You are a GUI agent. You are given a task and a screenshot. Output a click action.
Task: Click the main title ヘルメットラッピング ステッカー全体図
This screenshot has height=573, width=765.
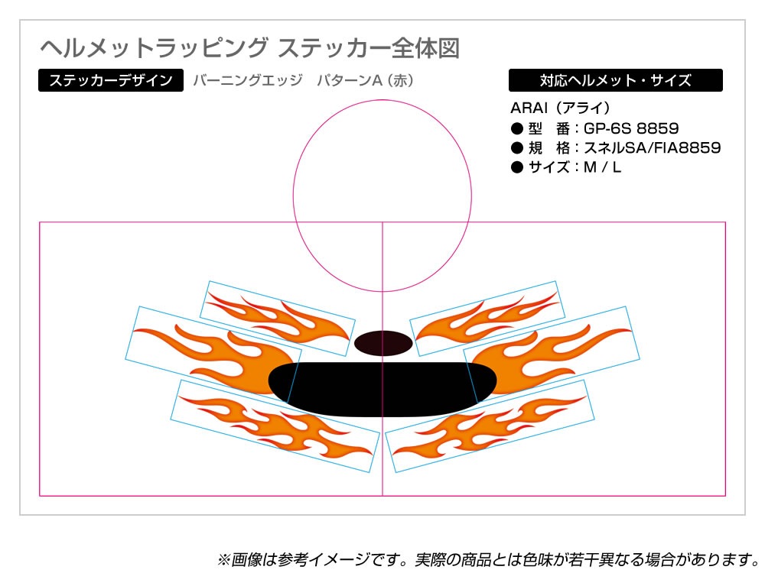point(250,47)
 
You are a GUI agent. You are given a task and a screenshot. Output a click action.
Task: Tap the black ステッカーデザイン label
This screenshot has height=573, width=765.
point(111,80)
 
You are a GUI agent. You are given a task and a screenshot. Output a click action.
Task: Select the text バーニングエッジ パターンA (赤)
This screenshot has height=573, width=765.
point(304,80)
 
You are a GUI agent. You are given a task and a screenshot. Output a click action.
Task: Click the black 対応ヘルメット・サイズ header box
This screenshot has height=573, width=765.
point(615,80)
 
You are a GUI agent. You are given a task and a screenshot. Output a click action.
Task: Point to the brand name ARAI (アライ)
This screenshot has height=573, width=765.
point(560,108)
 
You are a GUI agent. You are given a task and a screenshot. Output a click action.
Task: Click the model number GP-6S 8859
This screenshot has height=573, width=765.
point(631,128)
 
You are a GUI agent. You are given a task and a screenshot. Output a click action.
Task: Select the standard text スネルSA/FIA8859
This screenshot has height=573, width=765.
point(653,147)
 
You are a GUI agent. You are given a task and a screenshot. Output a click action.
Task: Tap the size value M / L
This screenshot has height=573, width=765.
point(602,167)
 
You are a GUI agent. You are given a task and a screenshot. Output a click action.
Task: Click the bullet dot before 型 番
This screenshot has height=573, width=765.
point(516,128)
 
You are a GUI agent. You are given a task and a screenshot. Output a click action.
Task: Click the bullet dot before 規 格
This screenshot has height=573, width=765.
point(516,148)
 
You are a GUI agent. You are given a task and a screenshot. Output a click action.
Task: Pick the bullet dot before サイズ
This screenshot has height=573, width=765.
point(516,167)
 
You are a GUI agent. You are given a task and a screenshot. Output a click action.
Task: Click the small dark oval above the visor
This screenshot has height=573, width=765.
point(383,343)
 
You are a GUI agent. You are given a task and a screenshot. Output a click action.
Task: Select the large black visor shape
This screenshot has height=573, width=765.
point(382,390)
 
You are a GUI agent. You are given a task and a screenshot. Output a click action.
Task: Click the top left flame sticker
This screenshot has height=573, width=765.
point(278,318)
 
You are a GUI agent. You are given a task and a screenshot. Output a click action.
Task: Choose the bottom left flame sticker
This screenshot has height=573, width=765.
point(275,426)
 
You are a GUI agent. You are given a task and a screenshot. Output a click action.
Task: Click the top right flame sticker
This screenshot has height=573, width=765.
point(487,318)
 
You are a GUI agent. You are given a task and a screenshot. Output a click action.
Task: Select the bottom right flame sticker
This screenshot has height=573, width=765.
point(490,426)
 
